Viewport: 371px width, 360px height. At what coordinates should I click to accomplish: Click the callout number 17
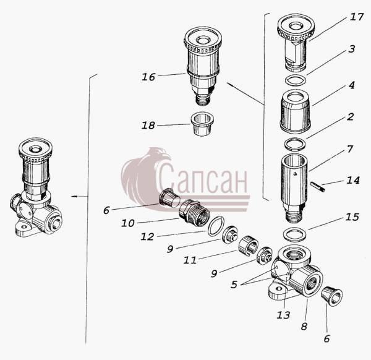[357, 17]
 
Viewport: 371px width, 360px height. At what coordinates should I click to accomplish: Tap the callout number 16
[148, 77]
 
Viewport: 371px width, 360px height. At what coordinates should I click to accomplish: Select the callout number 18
[148, 125]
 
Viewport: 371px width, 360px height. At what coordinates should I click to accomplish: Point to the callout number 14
[353, 181]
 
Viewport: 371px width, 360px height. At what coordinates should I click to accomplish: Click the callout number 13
[283, 315]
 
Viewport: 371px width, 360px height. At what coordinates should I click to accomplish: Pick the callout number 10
[128, 223]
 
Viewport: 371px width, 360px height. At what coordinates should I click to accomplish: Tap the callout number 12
[147, 236]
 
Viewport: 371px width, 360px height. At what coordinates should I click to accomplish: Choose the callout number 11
[190, 260]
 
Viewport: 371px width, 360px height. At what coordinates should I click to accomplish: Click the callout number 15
[352, 217]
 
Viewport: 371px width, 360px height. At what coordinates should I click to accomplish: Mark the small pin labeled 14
[318, 186]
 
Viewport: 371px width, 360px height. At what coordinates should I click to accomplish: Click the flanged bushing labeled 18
[202, 124]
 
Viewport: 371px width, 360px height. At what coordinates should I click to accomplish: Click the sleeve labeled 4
[296, 111]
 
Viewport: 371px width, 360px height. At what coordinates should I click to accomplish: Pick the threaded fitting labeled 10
[194, 211]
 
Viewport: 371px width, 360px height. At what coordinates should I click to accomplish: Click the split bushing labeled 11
[248, 247]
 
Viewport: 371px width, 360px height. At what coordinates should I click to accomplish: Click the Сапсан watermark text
[203, 178]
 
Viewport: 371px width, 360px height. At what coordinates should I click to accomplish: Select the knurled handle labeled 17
[296, 43]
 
